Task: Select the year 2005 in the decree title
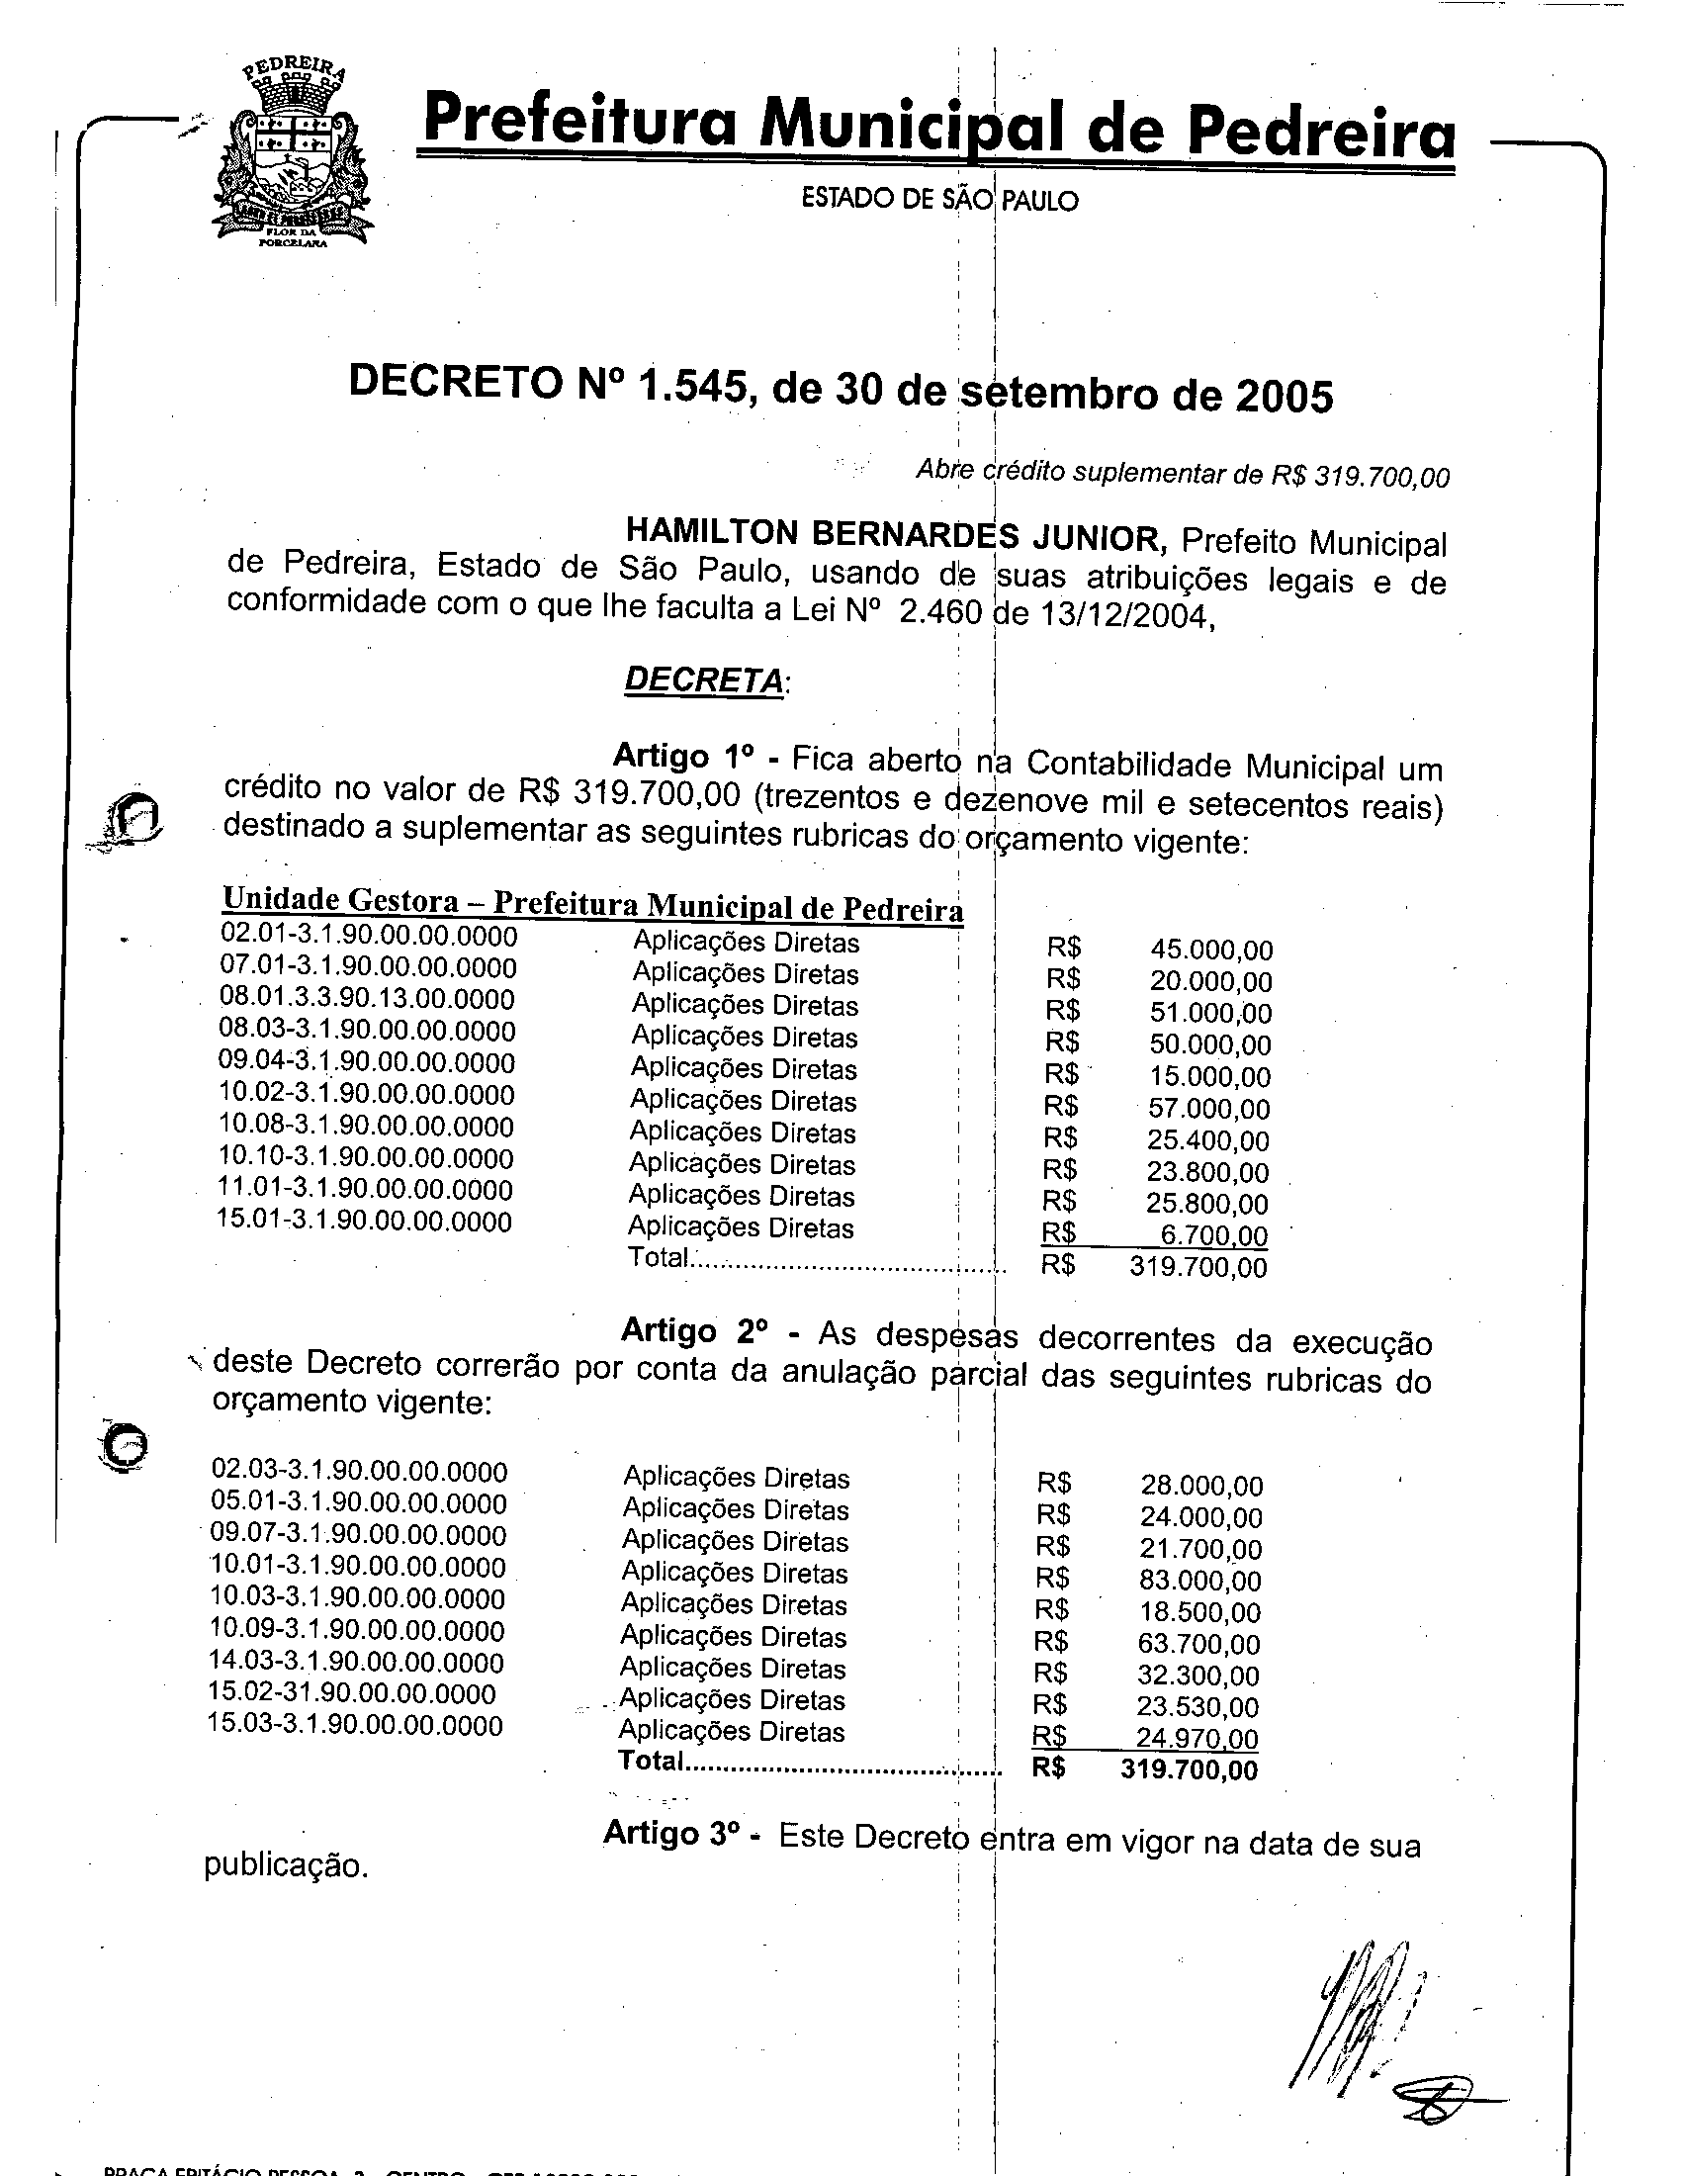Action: point(1284,397)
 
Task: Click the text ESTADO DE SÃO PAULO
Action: point(939,200)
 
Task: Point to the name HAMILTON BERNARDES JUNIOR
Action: point(895,536)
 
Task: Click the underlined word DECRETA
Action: point(703,680)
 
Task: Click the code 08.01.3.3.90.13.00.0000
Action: point(367,998)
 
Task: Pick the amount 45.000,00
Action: point(1211,950)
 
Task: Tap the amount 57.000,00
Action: point(1209,1108)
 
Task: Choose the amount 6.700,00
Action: point(1214,1235)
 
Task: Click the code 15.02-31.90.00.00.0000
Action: point(352,1692)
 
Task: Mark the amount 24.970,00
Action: point(1197,1739)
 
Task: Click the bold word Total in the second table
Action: point(651,1761)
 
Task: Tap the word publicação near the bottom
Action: point(286,1865)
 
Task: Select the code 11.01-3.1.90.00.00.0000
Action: point(365,1189)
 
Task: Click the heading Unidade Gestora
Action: point(339,899)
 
